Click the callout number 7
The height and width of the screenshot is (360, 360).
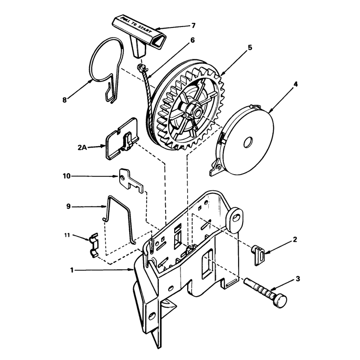[x=193, y=26]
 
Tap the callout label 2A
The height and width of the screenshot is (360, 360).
[x=82, y=147]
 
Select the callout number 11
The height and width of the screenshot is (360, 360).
[x=67, y=235]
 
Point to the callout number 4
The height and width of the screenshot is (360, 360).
[x=296, y=84]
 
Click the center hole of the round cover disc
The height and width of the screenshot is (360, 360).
[x=248, y=143]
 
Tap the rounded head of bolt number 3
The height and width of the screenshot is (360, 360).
[x=280, y=301]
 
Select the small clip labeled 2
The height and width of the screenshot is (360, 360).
[x=258, y=255]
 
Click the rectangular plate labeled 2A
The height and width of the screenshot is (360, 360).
[x=121, y=139]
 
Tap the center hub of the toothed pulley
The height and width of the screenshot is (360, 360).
[x=195, y=111]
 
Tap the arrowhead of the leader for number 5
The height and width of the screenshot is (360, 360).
[x=221, y=74]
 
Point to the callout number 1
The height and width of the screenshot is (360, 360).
[x=72, y=270]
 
